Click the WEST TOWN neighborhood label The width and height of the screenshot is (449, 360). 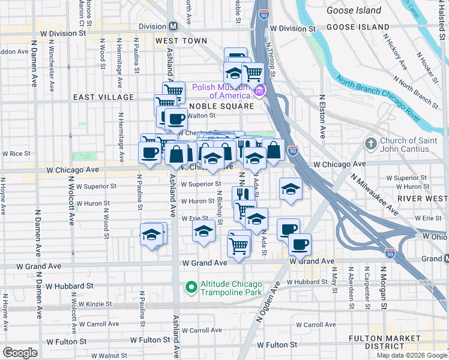(x=181, y=41)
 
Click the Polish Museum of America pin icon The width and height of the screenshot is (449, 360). (x=259, y=91)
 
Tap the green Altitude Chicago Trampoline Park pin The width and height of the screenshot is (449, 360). (x=191, y=287)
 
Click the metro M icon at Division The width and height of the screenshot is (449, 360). (x=173, y=26)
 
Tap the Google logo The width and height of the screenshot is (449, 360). (x=20, y=352)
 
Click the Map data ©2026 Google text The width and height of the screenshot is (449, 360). (x=412, y=355)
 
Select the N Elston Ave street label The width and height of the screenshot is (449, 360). (x=322, y=116)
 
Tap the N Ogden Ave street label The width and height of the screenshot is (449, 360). (x=268, y=303)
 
